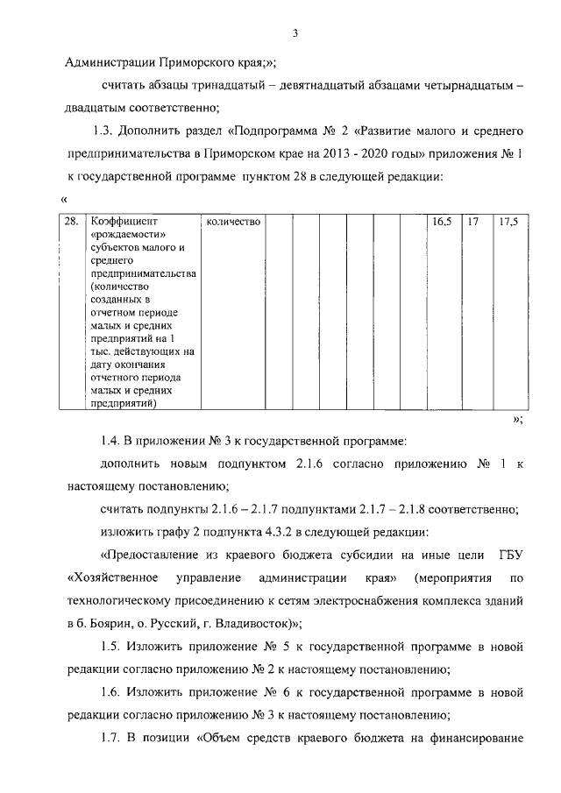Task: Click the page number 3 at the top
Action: [x=295, y=33]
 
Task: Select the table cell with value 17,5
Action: [x=508, y=223]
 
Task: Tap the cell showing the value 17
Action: [x=473, y=223]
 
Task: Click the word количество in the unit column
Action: [x=233, y=223]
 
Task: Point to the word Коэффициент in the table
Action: [x=121, y=223]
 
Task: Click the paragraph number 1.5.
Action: [x=110, y=647]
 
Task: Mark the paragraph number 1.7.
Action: [x=110, y=738]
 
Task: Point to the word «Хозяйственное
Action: [x=112, y=578]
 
